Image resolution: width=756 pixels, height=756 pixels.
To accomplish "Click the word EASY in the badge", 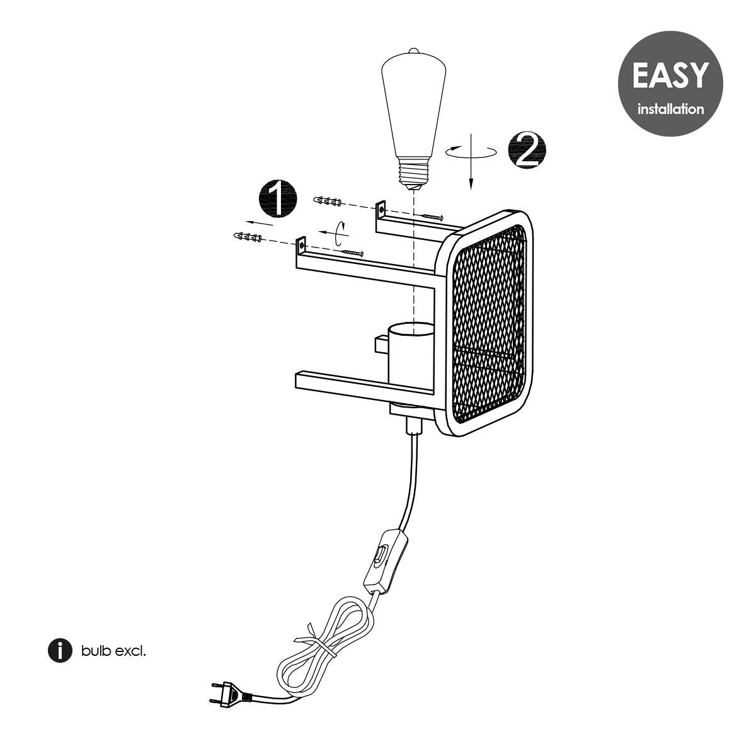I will (669, 75).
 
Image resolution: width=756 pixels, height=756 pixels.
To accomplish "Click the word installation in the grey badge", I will (670, 110).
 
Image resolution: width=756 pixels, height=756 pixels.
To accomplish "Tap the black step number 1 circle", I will (277, 198).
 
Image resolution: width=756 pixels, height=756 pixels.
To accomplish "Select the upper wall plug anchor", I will (328, 202).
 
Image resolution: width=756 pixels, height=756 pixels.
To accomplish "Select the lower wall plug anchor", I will (248, 238).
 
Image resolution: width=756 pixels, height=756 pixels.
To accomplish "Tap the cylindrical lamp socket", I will (410, 356).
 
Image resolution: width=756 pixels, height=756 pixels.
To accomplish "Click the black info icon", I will (60, 650).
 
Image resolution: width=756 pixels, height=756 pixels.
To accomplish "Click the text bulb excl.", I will (113, 651).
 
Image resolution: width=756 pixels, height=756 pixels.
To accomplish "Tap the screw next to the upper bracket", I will (433, 217).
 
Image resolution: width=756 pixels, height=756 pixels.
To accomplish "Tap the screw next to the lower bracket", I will (353, 253).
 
